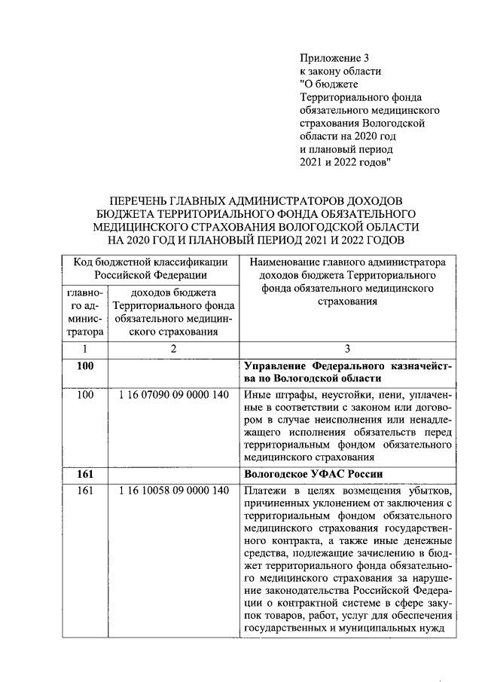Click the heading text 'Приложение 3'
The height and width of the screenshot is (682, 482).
click(335, 57)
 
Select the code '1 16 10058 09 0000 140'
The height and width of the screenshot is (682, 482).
click(174, 491)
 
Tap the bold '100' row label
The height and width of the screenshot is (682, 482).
click(84, 366)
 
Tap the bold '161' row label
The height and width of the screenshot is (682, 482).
click(84, 474)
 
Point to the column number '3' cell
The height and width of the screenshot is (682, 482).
click(347, 348)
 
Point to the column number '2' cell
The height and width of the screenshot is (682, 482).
click(174, 348)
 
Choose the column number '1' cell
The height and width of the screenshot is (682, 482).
click(84, 348)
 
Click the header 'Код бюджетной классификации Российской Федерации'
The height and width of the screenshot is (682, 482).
click(148, 268)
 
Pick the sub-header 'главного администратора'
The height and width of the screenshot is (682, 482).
click(84, 311)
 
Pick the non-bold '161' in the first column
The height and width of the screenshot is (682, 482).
click(84, 491)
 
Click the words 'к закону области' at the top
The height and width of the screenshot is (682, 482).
click(340, 71)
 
